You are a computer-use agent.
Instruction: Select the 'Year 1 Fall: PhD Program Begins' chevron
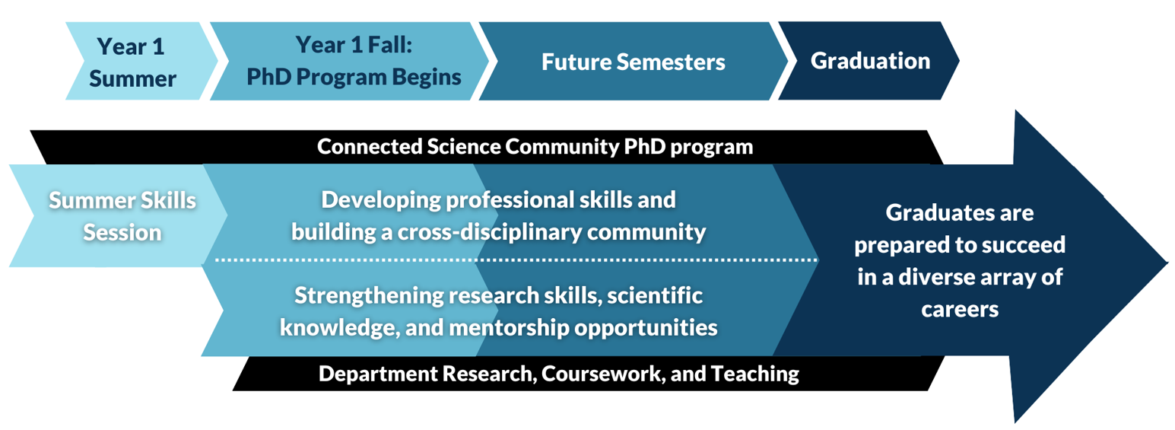pos(349,61)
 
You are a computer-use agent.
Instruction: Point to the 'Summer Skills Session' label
pos(122,216)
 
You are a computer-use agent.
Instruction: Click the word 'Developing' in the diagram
pos(381,200)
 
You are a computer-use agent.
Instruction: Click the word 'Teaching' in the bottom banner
pos(755,374)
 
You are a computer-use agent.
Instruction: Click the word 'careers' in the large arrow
pos(960,309)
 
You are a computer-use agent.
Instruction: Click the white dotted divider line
pos(516,260)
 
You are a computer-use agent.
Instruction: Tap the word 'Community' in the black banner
pos(561,146)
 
